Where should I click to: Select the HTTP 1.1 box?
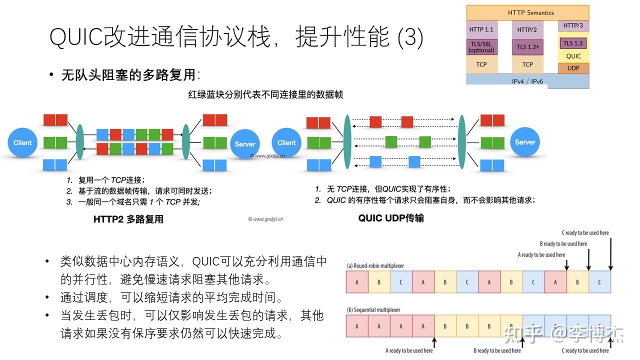coord(481,29)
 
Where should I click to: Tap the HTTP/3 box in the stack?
coord(573,25)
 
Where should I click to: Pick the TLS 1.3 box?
coord(573,43)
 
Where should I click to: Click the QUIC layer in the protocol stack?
coord(573,56)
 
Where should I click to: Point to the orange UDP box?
coord(573,68)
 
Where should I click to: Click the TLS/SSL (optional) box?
coord(481,47)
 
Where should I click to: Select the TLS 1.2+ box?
coord(527,47)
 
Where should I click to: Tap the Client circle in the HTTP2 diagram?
coord(22,143)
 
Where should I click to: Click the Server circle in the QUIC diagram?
coord(525,142)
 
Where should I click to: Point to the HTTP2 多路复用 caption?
coord(128,219)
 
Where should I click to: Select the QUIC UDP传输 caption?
coord(391,218)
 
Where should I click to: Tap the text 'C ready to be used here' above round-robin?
coord(585,233)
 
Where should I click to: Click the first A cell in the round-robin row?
coord(357,282)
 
